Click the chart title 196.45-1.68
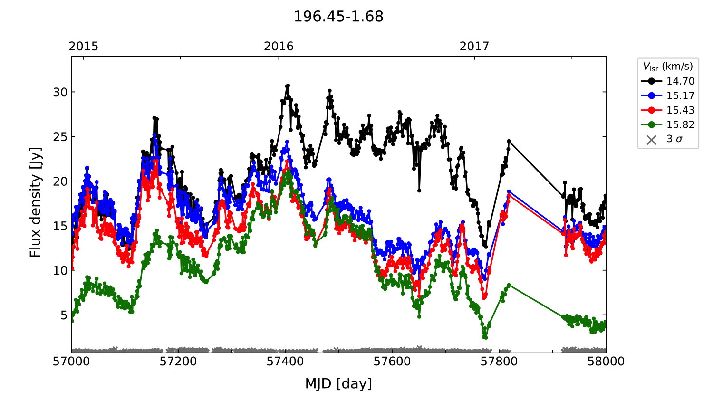tap(338, 17)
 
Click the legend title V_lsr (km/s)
tap(668, 67)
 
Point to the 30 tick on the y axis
tap(60, 92)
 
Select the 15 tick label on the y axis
tap(60, 226)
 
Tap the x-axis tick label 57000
tap(71, 362)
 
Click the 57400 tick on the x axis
tap(285, 362)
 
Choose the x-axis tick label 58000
tap(606, 362)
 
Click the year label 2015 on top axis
tap(83, 46)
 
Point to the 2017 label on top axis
tap(474, 46)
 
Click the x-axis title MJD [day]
tap(338, 383)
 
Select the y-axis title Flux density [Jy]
tap(36, 202)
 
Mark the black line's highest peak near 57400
tap(288, 86)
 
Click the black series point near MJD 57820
tap(509, 141)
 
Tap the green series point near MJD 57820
tap(509, 285)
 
